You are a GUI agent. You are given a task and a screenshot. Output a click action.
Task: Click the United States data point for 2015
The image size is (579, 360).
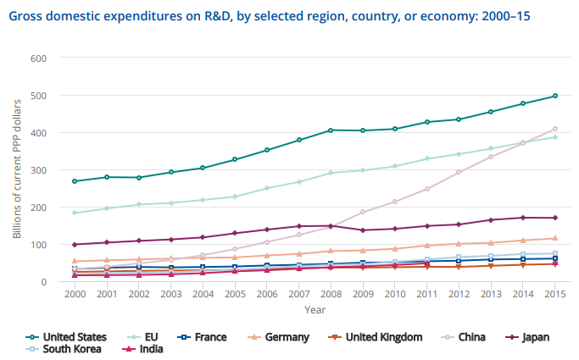click(554, 96)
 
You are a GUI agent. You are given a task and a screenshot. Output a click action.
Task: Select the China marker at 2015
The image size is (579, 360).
click(554, 129)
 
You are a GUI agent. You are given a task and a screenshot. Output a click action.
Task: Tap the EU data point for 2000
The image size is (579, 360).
click(75, 213)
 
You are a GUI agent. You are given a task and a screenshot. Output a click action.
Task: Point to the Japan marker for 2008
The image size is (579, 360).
click(331, 226)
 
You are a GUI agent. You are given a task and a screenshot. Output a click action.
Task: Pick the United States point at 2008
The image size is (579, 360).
click(331, 130)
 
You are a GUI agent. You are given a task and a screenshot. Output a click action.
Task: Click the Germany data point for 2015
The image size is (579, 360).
click(554, 238)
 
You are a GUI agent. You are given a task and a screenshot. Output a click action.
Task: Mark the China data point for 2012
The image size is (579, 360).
click(459, 172)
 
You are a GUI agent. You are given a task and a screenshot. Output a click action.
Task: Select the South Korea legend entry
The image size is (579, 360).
click(70, 348)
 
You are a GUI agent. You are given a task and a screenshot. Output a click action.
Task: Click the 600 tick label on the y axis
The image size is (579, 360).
click(39, 58)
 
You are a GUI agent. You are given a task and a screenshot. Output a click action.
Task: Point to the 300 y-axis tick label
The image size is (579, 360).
click(39, 170)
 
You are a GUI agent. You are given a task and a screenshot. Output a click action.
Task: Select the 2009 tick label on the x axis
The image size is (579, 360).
click(363, 294)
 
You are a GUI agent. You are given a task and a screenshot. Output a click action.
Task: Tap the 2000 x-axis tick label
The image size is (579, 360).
click(75, 294)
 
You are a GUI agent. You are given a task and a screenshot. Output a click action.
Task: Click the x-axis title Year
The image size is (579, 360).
click(315, 310)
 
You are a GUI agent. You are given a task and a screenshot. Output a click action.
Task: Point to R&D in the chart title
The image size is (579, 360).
click(228, 15)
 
